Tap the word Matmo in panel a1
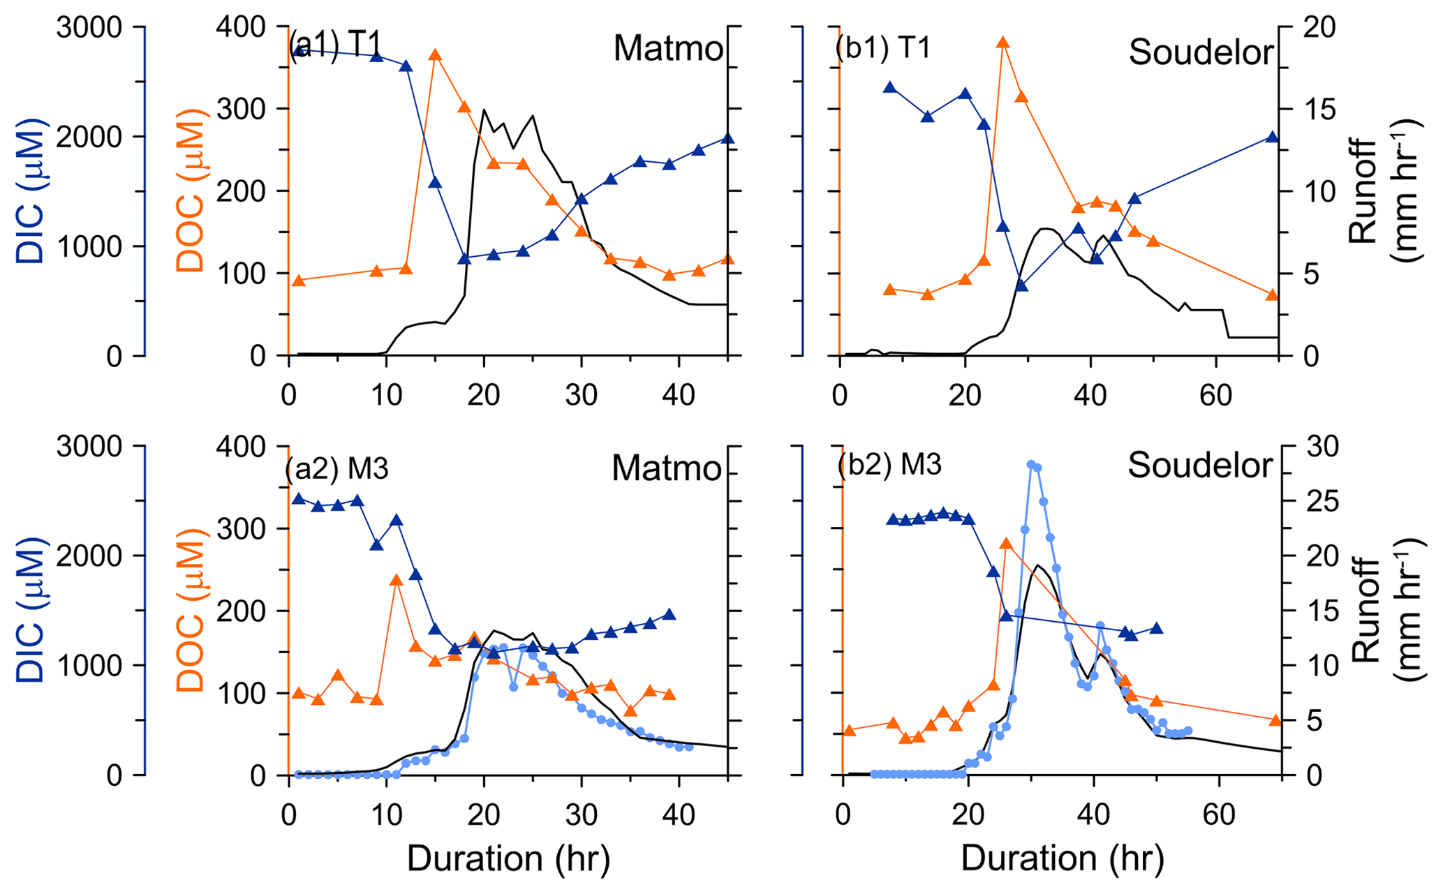point(668,49)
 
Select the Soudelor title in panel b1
point(1201,52)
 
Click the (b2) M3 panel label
point(889,465)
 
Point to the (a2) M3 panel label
point(336,469)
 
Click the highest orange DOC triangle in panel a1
point(434,55)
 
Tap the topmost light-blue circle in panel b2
point(1031,464)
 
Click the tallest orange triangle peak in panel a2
point(396,580)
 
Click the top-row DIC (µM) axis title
point(30,191)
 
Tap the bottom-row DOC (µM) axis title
point(190,611)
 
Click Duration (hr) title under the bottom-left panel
point(508,859)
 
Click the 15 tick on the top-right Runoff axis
point(1317,110)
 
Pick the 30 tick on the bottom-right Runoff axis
point(1317,447)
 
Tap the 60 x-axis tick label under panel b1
point(1215,396)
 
